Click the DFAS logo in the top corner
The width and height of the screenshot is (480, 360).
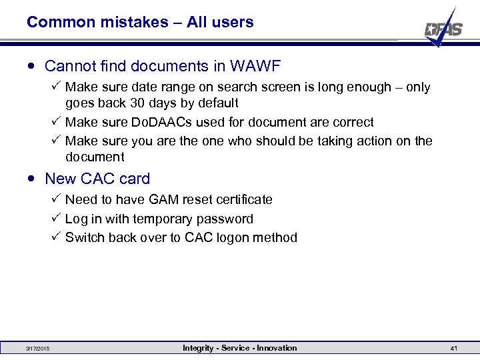(x=443, y=28)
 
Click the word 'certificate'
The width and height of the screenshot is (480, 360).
(x=241, y=199)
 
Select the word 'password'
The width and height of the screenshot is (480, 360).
(x=227, y=219)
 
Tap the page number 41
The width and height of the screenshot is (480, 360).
(x=453, y=349)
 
